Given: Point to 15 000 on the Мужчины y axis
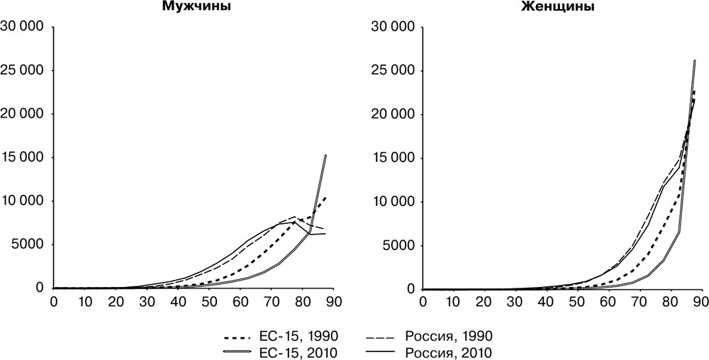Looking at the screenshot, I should [22, 157].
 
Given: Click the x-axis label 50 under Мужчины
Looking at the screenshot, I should [209, 302].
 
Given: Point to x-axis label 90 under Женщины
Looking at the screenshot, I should [700, 302].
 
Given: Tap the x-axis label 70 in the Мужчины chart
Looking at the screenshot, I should [271, 302].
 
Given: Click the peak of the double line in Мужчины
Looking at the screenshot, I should [325, 155].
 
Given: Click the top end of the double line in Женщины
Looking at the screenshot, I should [695, 61].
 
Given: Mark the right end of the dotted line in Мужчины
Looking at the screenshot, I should [325, 197].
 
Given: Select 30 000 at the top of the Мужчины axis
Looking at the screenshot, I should [22, 27].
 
